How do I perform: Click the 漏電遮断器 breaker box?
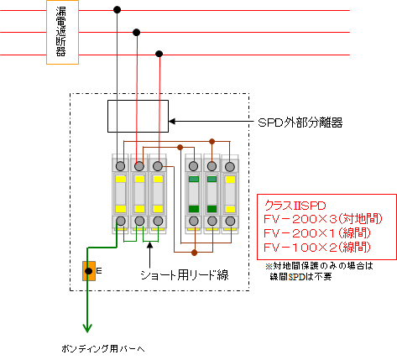[62, 33]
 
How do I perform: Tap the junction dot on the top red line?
[118, 10]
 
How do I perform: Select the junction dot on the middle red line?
[136, 33]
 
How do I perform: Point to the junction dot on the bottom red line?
[159, 54]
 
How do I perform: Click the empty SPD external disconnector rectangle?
[138, 116]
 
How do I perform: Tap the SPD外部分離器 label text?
[300, 123]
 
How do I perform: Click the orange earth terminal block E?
[89, 271]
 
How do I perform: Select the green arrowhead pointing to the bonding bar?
[87, 327]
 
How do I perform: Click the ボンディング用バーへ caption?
[103, 349]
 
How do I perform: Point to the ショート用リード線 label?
[185, 275]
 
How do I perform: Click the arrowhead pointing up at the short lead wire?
[150, 245]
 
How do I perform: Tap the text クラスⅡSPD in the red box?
[295, 206]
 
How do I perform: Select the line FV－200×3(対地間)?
[323, 219]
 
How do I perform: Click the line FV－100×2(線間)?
[317, 248]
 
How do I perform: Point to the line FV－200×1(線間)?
[317, 233]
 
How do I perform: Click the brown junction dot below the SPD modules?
[195, 253]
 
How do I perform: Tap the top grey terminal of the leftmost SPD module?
[121, 166]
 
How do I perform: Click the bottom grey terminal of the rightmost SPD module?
[230, 221]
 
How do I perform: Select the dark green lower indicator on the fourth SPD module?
[194, 209]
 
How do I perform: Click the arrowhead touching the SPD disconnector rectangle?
[172, 122]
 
